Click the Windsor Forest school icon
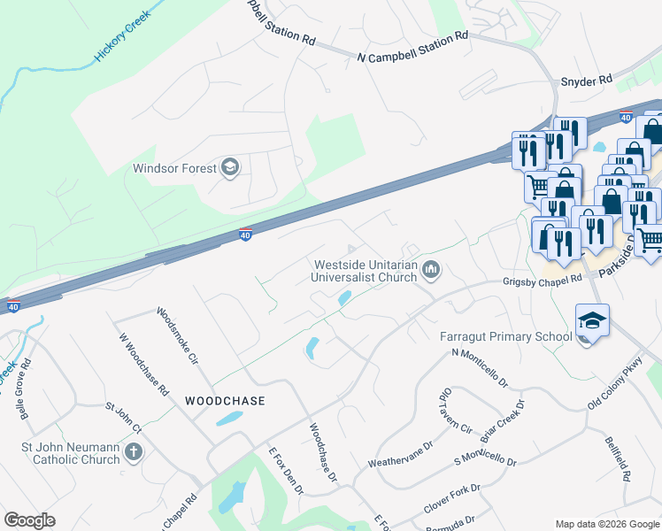tap(230, 167)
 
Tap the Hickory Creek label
tap(123, 35)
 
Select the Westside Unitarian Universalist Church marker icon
tap(431, 269)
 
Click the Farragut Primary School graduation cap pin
tap(592, 320)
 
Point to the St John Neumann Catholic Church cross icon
tap(133, 453)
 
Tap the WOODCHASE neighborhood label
tap(225, 401)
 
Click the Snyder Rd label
tap(587, 81)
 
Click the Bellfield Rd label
tap(618, 458)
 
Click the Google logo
tap(29, 519)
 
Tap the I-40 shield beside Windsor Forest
tap(246, 235)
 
